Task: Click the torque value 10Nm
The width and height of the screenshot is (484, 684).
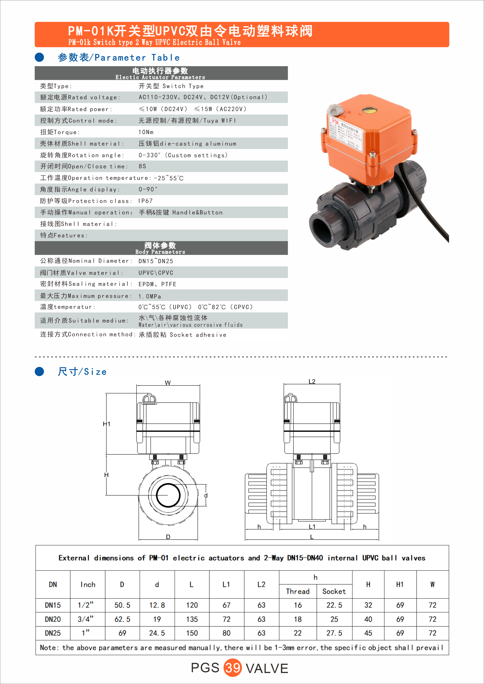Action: pos(146,132)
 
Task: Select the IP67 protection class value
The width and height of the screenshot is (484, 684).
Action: pos(145,201)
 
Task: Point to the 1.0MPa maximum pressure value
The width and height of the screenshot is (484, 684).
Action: pos(150,296)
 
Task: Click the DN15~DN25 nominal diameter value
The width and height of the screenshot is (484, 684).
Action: pos(156,261)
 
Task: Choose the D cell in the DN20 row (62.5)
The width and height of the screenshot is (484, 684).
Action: pos(122,619)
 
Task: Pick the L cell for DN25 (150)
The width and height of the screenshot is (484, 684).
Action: pos(192,633)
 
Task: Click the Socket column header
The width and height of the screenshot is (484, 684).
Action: pos(334,591)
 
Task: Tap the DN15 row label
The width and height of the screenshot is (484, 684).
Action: pos(53,605)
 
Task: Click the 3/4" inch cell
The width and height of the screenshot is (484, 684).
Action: pos(86,619)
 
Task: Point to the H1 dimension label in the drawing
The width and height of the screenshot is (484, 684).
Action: pos(106,424)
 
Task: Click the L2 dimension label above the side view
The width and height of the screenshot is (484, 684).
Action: pos(312,382)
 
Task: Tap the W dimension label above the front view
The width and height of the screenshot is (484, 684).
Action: pos(168,383)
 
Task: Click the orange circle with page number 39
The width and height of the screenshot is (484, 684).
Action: pos(232,668)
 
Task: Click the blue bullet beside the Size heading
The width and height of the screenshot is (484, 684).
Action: pos(39,371)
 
